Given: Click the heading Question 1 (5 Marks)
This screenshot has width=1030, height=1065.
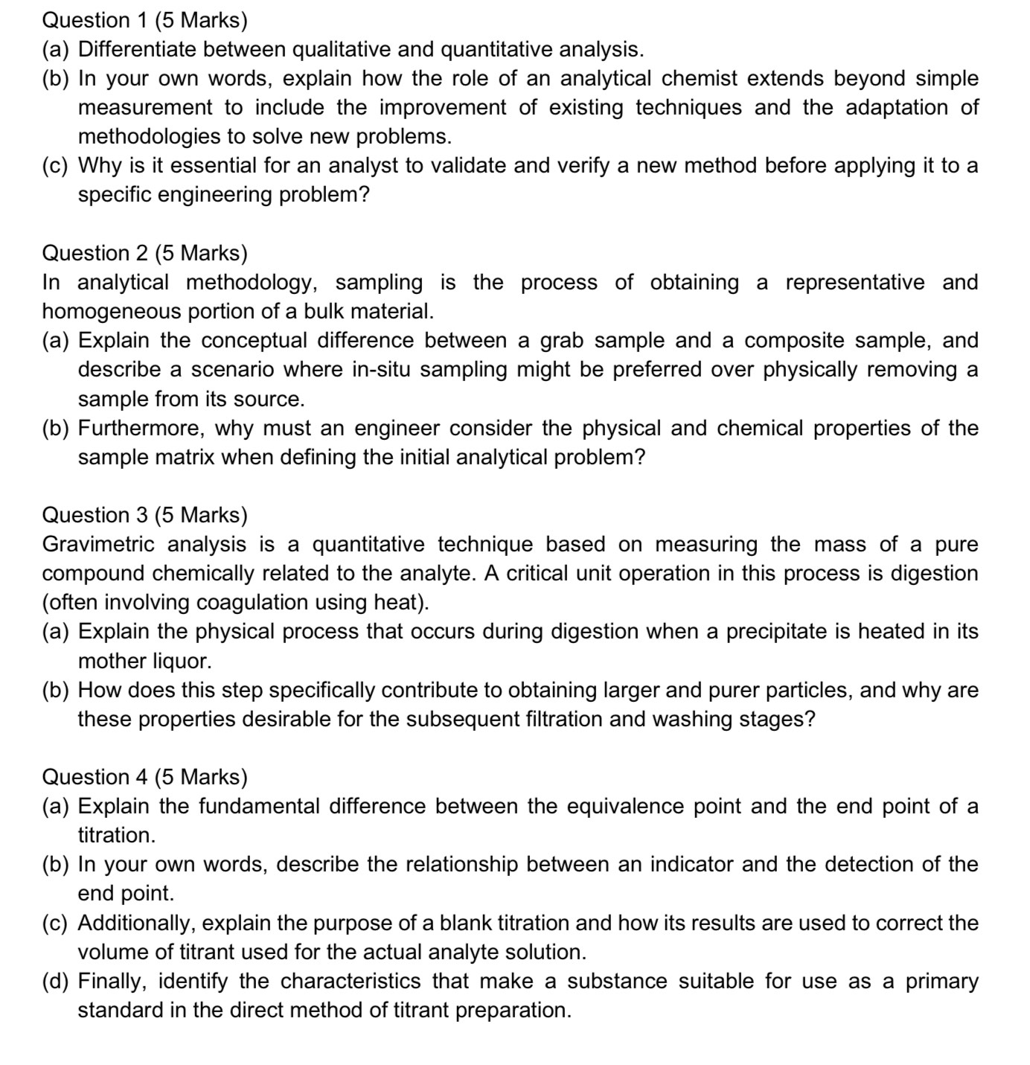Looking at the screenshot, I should (144, 20).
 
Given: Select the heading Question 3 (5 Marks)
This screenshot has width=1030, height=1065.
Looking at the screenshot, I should (144, 515).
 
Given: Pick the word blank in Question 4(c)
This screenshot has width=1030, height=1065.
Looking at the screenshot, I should (465, 923).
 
